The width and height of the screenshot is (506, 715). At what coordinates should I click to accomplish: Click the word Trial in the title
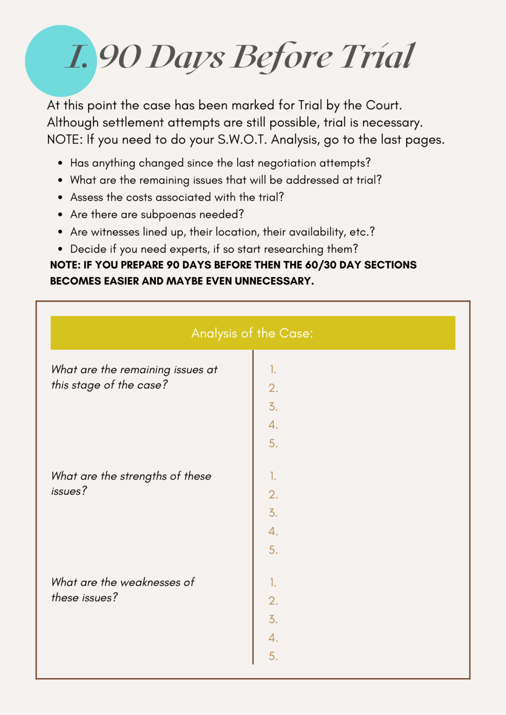coord(377,57)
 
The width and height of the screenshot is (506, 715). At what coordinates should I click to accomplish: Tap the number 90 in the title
coord(120,57)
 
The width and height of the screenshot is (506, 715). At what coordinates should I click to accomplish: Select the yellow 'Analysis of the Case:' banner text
coord(252,333)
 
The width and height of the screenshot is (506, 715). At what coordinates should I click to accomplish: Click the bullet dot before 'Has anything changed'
coord(61,163)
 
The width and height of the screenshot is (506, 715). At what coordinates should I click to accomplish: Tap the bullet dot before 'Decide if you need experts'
coord(61,250)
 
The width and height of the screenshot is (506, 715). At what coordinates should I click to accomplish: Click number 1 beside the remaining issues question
coord(273,370)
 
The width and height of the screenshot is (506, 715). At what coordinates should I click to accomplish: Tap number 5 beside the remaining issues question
coord(273,444)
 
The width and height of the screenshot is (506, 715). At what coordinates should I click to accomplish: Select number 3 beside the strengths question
coord(273,513)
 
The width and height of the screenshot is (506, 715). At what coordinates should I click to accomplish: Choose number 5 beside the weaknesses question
coord(273,656)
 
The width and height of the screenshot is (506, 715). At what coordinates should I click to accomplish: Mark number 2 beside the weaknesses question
coord(273,601)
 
